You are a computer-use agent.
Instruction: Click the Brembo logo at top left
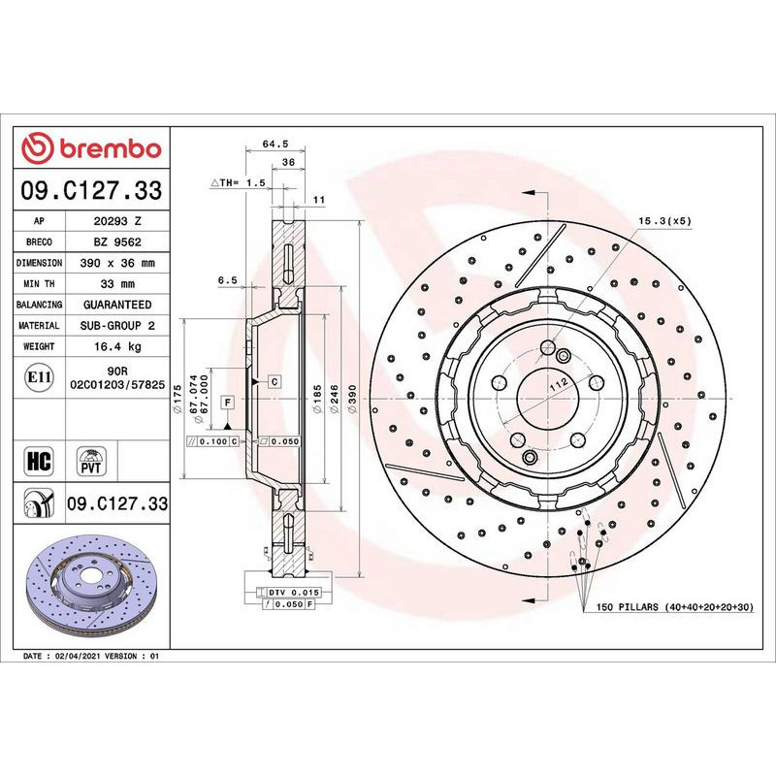92,148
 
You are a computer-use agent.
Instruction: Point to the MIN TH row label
41,284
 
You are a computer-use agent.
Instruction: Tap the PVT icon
92,460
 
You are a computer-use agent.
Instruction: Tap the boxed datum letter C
275,381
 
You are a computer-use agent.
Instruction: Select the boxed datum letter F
227,401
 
